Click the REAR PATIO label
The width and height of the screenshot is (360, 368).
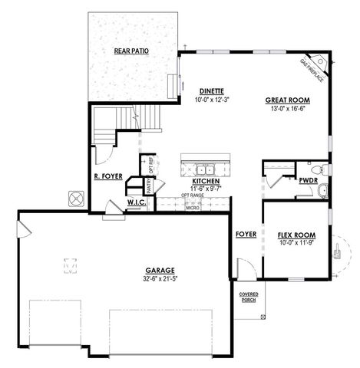[131, 51]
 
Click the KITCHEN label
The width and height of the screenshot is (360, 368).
[206, 181]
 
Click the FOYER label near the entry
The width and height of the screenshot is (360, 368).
[246, 234]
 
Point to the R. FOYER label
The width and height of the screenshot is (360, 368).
[106, 176]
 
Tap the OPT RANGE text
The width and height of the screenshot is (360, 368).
[192, 195]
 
